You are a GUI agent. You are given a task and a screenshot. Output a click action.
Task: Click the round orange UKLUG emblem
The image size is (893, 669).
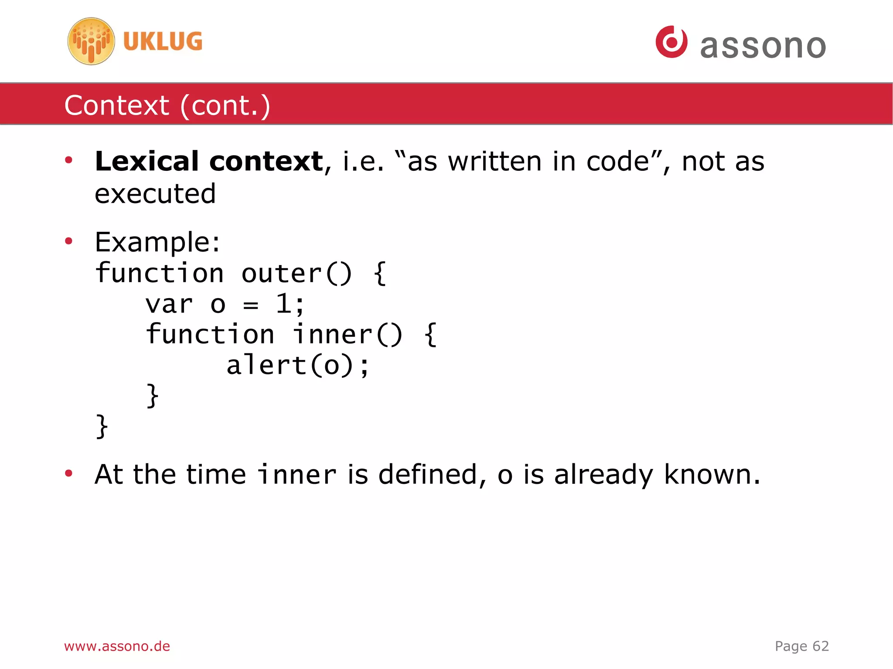click(91, 41)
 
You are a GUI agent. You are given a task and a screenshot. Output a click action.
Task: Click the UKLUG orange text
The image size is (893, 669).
click(163, 42)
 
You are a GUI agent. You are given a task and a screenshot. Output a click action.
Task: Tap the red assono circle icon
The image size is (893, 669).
click(671, 42)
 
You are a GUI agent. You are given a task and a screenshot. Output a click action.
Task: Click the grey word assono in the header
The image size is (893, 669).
click(763, 46)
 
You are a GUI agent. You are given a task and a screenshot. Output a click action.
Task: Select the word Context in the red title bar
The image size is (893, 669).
click(116, 105)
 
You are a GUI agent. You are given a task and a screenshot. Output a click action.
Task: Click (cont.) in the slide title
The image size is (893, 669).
click(225, 105)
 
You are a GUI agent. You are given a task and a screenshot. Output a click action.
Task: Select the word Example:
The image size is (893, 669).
click(157, 242)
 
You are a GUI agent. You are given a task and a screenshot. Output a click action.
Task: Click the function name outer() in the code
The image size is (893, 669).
click(296, 274)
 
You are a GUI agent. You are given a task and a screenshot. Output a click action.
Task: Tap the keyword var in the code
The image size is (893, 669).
click(169, 304)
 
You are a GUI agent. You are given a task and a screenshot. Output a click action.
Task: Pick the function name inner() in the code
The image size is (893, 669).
click(347, 335)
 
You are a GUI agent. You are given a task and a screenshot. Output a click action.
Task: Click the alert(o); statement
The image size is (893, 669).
click(297, 365)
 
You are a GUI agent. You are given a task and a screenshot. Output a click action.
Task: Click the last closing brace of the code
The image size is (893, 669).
click(102, 426)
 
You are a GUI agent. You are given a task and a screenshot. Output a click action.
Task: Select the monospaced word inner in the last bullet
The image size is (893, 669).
click(297, 475)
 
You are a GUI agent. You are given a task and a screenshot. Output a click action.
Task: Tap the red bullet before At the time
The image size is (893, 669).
click(68, 473)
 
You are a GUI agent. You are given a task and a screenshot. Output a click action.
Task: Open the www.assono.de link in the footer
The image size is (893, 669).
click(117, 646)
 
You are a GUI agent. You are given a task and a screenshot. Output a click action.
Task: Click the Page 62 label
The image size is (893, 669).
click(801, 646)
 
